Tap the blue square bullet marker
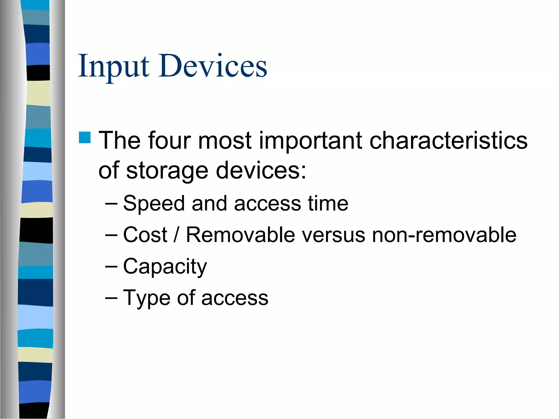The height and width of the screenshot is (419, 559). pos(85,137)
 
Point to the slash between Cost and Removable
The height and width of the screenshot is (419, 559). pos(176,235)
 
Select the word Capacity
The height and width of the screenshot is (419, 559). pos(165,267)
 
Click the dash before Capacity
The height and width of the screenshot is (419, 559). pos(111,266)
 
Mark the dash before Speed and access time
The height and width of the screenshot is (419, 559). pos(111,203)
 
